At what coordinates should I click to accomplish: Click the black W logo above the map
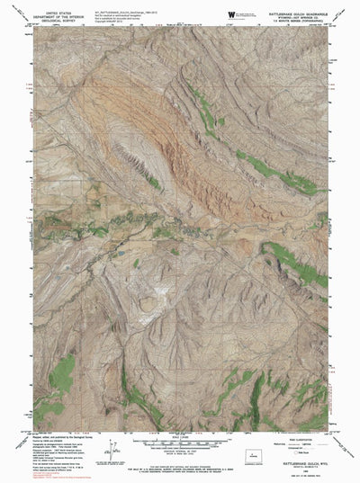click(x=231, y=13)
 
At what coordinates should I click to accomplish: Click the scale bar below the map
click(x=179, y=443)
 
